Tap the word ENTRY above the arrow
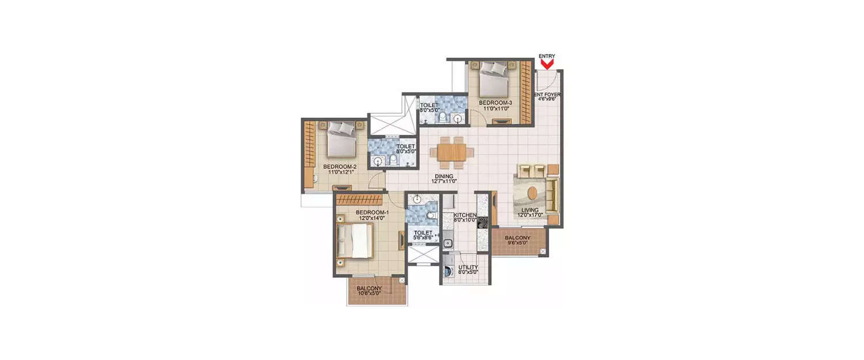pos(547,56)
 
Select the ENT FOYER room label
pos(548,94)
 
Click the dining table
pos(452,152)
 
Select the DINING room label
pos(444,176)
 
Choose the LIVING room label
pos(529,211)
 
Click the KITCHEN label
pos(464,214)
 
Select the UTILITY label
pos(468,268)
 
